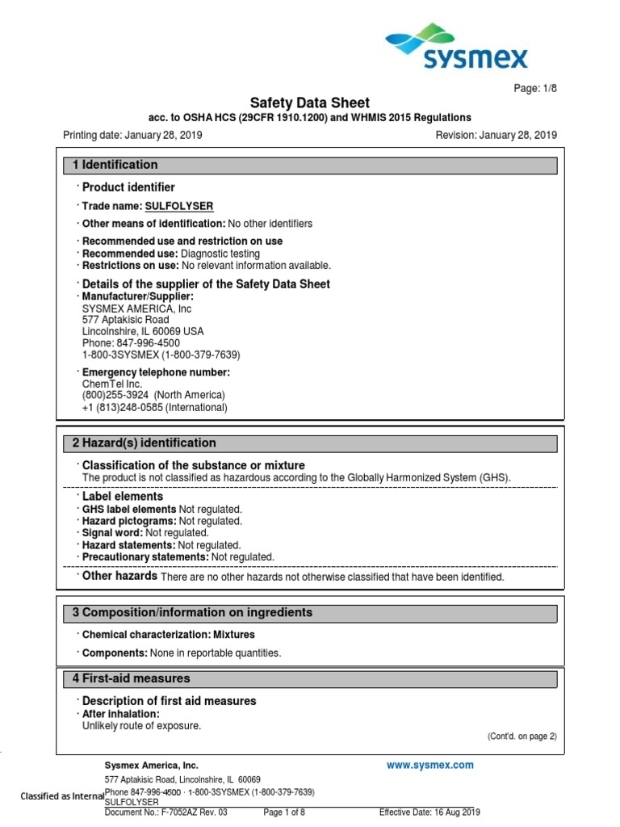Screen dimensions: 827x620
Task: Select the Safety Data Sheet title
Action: [309, 103]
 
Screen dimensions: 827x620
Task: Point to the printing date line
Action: [132, 135]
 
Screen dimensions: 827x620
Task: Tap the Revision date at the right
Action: [496, 135]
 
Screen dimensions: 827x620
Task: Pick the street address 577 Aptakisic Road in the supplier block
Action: [126, 320]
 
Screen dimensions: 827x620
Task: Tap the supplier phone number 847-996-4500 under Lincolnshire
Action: [131, 342]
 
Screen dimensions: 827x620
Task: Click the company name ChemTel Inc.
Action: [112, 384]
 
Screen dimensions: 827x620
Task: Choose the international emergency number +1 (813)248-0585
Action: [155, 407]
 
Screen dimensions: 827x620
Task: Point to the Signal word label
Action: [112, 533]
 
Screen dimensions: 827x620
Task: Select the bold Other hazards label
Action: [119, 576]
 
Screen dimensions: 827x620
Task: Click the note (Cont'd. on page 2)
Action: [522, 736]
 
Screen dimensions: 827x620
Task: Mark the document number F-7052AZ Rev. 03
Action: [166, 812]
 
